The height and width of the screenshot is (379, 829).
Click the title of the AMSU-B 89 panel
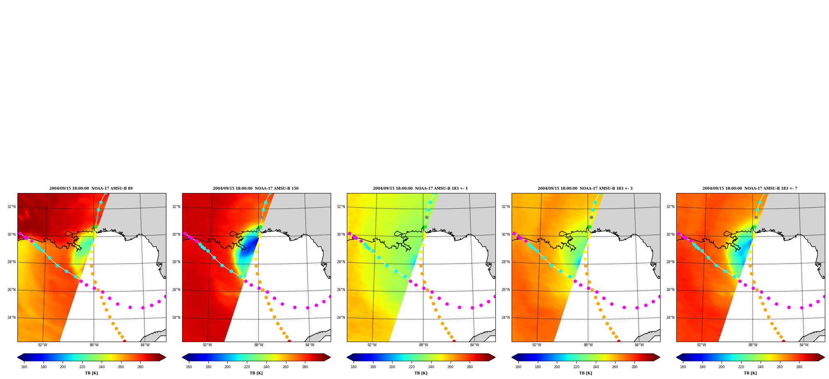[x=91, y=188]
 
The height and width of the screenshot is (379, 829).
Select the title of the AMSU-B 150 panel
[x=256, y=188]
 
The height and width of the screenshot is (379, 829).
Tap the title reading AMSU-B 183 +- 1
[x=420, y=188]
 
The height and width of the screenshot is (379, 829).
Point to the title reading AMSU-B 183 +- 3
[x=585, y=188]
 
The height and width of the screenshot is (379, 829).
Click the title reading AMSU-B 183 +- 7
[x=750, y=188]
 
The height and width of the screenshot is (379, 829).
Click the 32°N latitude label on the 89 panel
[x=11, y=207]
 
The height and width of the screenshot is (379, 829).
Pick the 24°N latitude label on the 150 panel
[x=176, y=318]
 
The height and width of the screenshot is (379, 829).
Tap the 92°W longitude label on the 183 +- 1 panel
[x=372, y=345]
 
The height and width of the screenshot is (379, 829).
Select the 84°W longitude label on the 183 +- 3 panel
[x=639, y=345]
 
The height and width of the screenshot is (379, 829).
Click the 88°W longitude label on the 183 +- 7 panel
[x=753, y=345]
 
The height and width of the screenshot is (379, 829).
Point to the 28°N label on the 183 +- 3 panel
[x=505, y=262]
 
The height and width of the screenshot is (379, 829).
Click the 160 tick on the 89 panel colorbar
[x=24, y=367]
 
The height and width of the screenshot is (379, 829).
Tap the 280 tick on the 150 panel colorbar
[x=305, y=367]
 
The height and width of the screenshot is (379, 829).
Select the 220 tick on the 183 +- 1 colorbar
[x=412, y=367]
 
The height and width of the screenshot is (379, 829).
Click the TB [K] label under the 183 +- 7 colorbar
[x=750, y=373]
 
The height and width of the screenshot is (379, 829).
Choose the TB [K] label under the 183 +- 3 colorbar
[x=585, y=373]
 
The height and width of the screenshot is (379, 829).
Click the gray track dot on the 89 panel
[x=97, y=217]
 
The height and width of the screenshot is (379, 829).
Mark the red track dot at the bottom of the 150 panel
[x=289, y=341]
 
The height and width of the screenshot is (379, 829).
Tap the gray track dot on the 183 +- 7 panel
[x=756, y=217]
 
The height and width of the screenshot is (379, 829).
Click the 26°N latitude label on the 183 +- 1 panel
[x=341, y=290]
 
